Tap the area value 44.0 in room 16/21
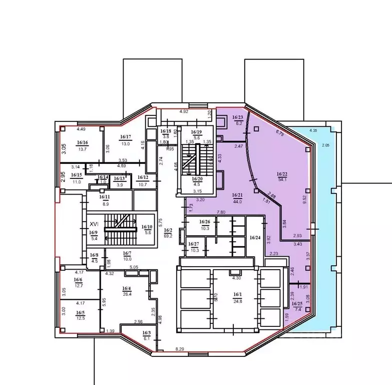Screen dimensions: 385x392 click(237, 202)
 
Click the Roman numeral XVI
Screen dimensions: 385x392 click(93, 225)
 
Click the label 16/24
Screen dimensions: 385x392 click(255, 238)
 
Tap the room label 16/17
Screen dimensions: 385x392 click(125, 137)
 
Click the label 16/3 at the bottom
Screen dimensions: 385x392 click(146, 333)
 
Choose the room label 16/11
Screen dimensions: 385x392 click(91, 197)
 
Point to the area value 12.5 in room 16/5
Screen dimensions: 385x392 click(80, 317)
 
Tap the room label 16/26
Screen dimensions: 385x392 click(204, 222)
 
